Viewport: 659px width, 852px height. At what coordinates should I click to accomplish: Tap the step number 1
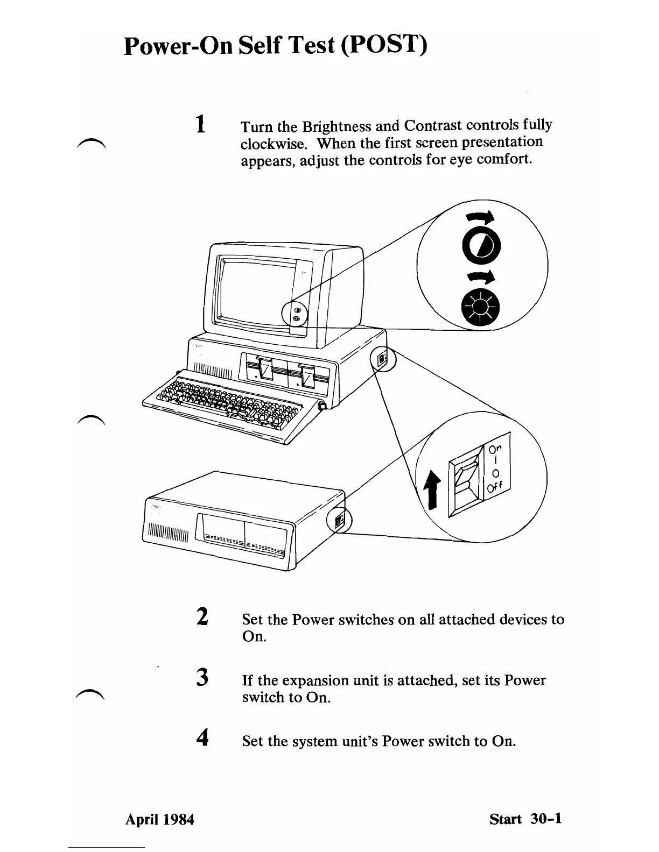pos(200,124)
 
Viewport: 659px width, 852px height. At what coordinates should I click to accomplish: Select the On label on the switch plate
pos(495,449)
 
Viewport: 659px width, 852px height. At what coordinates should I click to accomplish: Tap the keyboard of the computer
pos(226,403)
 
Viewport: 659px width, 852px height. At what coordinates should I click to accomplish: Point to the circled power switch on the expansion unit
pos(339,521)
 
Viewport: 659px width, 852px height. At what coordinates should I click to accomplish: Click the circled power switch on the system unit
pos(383,359)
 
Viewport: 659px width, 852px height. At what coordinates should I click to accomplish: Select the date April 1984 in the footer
pos(159,819)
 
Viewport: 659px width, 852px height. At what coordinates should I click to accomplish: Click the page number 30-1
pos(546,819)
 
